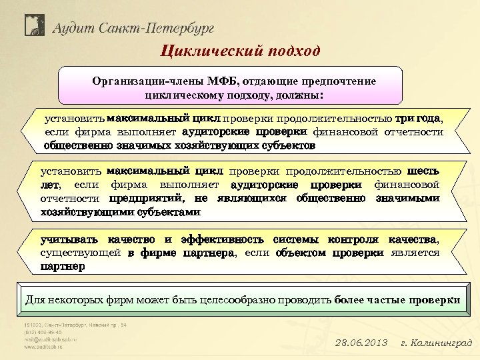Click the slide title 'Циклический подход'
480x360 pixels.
pos(240,51)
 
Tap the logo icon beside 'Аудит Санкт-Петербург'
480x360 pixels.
pos(35,25)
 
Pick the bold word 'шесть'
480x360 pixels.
pos(423,171)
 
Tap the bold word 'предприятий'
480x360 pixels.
pos(149,198)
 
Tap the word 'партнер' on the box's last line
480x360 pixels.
pos(63,266)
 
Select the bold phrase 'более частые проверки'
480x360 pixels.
pos(397,300)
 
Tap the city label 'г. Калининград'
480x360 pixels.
pos(436,343)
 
